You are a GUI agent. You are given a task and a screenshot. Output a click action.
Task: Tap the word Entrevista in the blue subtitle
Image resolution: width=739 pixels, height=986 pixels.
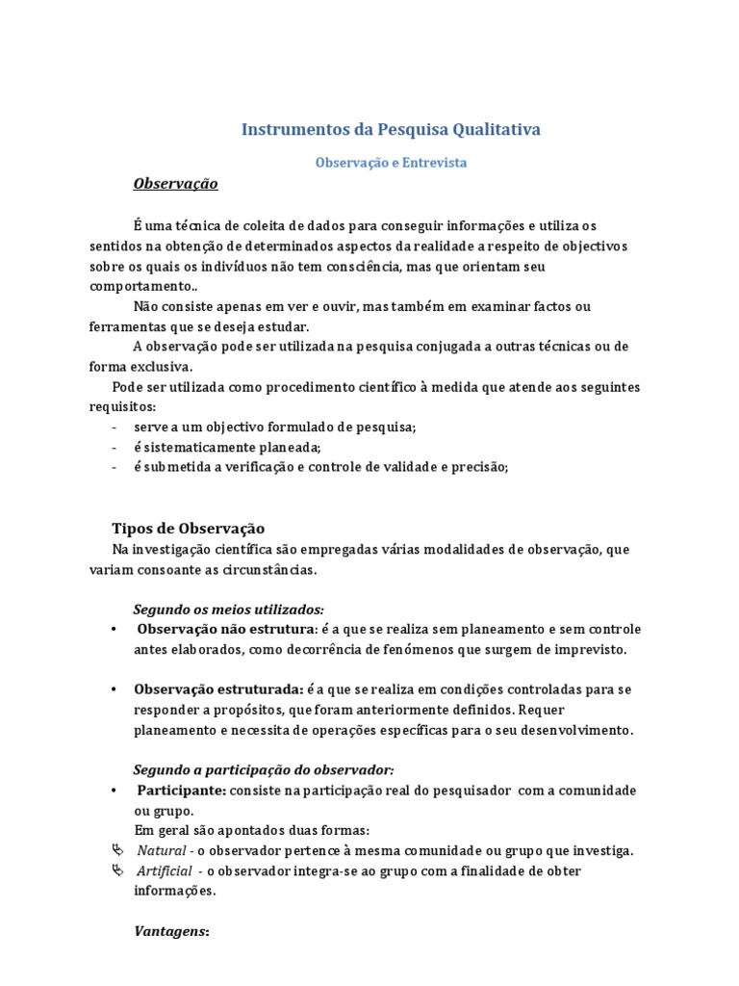pyautogui.click(x=433, y=163)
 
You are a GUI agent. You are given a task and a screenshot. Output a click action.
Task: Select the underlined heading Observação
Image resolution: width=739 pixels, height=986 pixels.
pyautogui.click(x=175, y=183)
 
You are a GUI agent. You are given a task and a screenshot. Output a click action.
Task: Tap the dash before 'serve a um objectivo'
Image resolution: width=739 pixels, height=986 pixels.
pyautogui.click(x=115, y=427)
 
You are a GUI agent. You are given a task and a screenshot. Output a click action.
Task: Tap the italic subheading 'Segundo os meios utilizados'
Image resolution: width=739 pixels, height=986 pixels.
pyautogui.click(x=228, y=610)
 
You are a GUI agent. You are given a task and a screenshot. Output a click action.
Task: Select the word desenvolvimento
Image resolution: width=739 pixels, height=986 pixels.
pyautogui.click(x=579, y=730)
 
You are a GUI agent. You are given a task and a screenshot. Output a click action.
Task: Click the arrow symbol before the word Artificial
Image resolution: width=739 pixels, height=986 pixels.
pyautogui.click(x=117, y=870)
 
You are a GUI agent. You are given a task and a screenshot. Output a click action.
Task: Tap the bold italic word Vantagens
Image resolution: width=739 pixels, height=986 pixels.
pyautogui.click(x=170, y=932)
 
